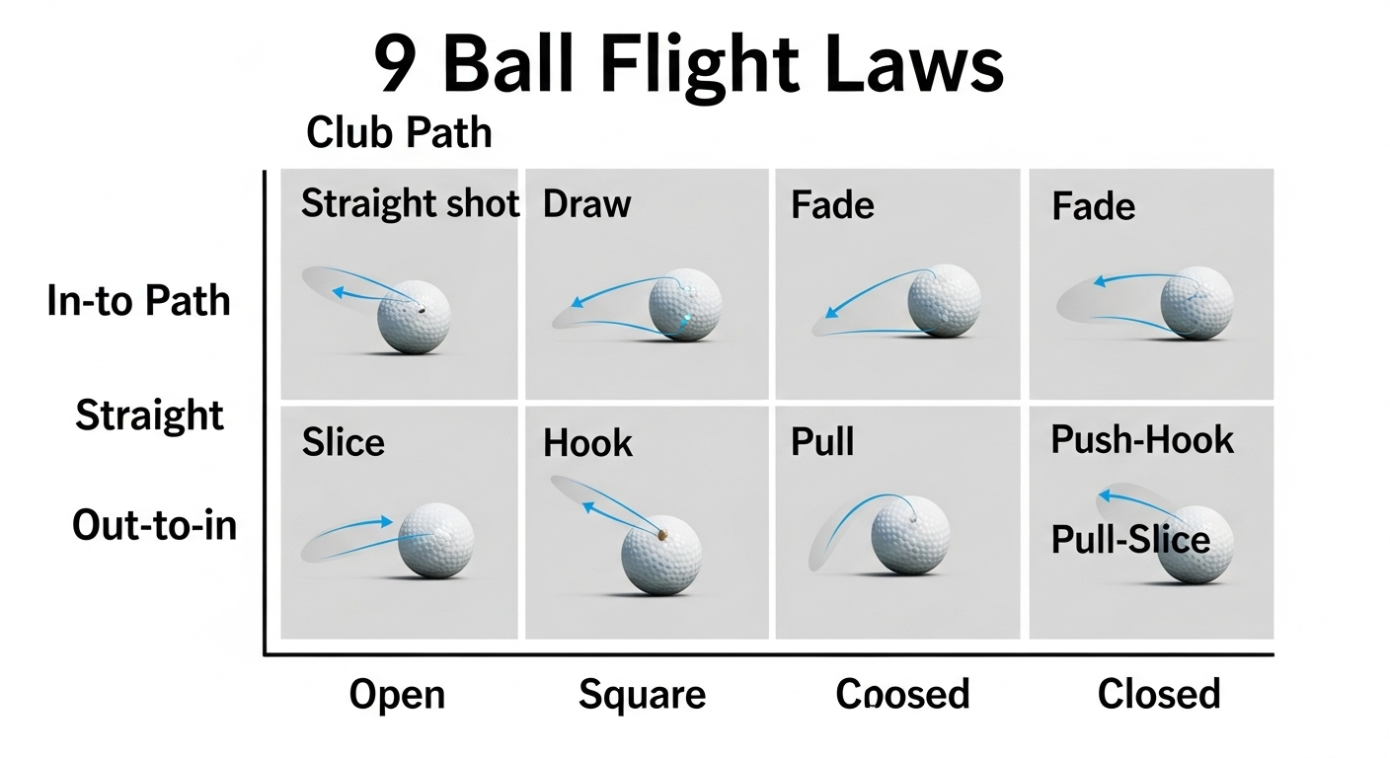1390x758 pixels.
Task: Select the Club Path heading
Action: pos(399,132)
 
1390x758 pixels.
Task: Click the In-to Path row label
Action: pos(138,301)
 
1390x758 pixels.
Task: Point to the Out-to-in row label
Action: pos(155,525)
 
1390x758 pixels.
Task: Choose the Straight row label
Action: pos(150,416)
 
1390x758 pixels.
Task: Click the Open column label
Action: pos(397,695)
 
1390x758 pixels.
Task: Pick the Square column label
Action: pos(642,695)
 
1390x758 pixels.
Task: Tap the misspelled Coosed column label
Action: pos(902,695)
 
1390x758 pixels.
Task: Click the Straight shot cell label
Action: pos(410,204)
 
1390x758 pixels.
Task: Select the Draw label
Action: pos(586,204)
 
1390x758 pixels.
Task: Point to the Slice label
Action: pos(343,441)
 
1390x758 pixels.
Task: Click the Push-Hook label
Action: pos(1142,439)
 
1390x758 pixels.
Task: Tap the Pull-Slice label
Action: pos(1130,540)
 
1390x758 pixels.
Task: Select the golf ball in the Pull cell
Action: pos(910,534)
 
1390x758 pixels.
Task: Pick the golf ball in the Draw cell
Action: pos(685,304)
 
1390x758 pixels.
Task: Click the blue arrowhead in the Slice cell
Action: pos(386,521)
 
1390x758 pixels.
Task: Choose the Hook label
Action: pos(587,443)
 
